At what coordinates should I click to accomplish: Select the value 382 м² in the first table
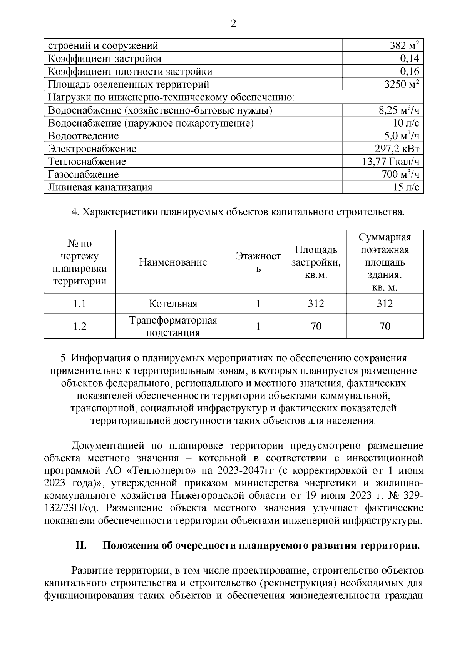[x=404, y=46]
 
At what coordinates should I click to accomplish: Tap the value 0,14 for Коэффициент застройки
[x=409, y=58]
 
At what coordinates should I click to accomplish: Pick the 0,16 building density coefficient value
[x=409, y=72]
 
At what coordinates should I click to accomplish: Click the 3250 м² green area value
[x=402, y=84]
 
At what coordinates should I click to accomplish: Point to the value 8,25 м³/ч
[x=399, y=110]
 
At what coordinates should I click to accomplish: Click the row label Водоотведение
[x=83, y=136]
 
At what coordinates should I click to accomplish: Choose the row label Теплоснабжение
[x=87, y=162]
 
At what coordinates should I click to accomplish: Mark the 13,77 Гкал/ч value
[x=390, y=162]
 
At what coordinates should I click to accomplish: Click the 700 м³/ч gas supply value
[x=400, y=175]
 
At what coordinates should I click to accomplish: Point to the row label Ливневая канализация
[x=100, y=187]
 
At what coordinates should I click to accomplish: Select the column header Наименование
[x=173, y=262]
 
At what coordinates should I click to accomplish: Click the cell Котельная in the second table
[x=173, y=304]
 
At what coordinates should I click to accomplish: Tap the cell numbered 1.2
[x=80, y=326]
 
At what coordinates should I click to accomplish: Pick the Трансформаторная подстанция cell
[x=173, y=326]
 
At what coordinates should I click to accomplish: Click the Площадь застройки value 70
[x=316, y=326]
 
